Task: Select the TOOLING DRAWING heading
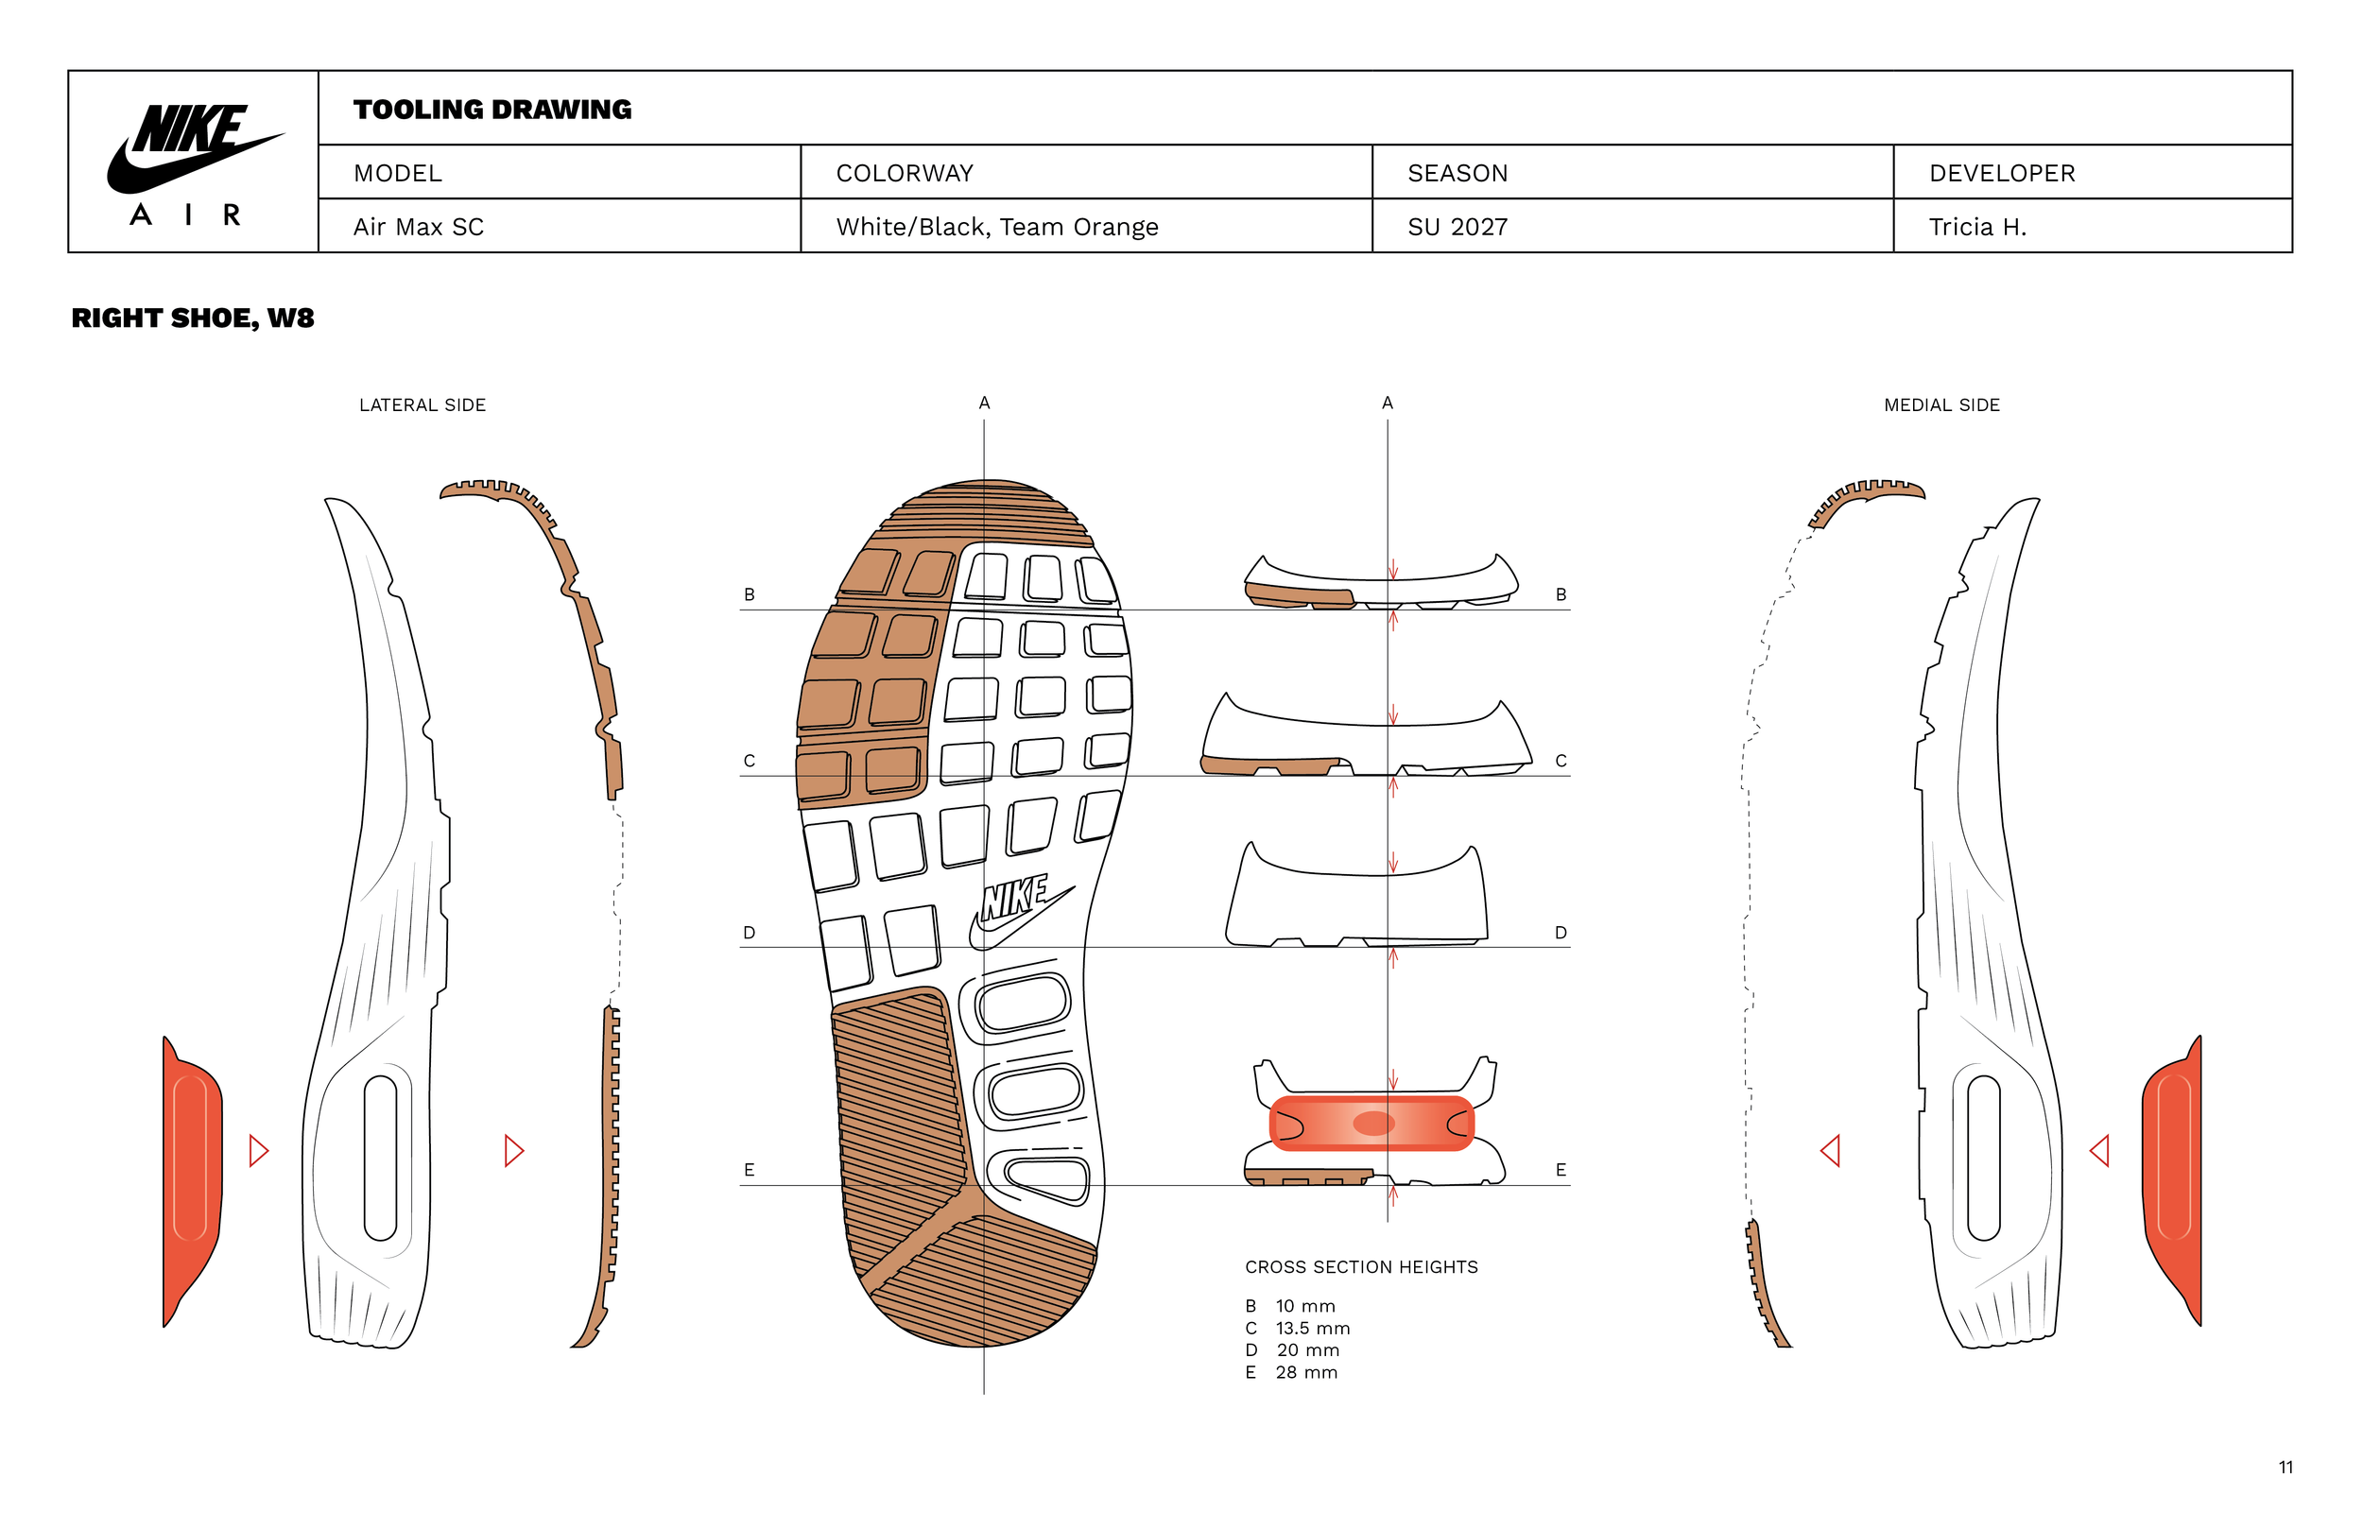[x=492, y=110]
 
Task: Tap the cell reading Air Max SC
[x=418, y=228]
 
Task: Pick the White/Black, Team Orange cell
[x=997, y=228]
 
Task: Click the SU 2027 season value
[x=1457, y=228]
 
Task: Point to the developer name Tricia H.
[x=1976, y=228]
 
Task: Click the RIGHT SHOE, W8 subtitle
[x=193, y=318]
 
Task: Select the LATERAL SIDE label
[x=422, y=405]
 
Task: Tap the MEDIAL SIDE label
[x=1941, y=405]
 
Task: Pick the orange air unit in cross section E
[x=1371, y=1123]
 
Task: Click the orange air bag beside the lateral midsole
[x=193, y=1181]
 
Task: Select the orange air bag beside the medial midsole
[x=2172, y=1181]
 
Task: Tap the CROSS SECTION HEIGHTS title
[x=1361, y=1267]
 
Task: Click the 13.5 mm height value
[x=1313, y=1329]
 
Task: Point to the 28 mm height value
[x=1306, y=1372]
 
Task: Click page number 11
[x=2285, y=1468]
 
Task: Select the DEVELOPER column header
[x=2002, y=174]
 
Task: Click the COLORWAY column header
[x=905, y=174]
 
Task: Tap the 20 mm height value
[x=1307, y=1350]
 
